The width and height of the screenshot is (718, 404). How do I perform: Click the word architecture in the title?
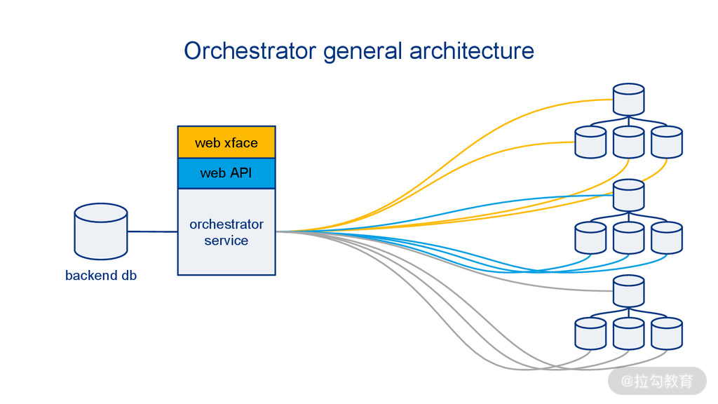point(471,51)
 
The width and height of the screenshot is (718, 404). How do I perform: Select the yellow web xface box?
point(226,142)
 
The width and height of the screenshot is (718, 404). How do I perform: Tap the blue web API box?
point(226,173)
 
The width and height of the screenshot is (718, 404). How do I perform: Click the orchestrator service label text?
point(226,232)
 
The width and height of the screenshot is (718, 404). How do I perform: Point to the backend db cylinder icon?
point(101,231)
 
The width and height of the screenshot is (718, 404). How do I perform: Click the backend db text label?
point(101,276)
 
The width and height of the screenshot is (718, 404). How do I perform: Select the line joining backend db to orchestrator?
point(153,231)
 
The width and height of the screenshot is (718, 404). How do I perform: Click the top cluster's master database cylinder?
point(628,100)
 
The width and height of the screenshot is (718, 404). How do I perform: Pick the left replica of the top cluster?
point(590,142)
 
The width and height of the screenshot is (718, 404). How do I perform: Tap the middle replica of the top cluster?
point(628,142)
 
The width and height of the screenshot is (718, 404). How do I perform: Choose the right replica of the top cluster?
point(666,142)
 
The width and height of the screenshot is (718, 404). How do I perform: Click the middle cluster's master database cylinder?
point(628,195)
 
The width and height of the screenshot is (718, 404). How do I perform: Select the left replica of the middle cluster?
point(590,238)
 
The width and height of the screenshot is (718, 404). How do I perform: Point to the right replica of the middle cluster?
point(666,238)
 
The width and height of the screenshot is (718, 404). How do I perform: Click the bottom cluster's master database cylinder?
point(628,290)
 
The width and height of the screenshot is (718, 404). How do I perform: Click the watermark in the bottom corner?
point(657,381)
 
